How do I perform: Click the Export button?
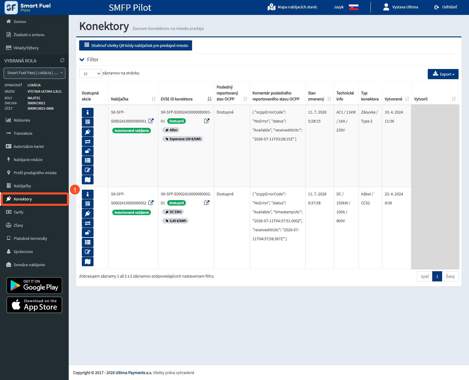[443, 74]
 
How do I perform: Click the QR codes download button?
[135, 45]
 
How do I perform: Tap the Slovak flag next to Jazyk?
[353, 7]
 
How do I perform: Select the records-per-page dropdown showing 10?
[90, 73]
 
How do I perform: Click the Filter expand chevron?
[82, 60]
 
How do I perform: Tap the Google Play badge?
[34, 285]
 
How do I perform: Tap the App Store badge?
[34, 305]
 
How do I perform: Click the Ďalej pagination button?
[450, 276]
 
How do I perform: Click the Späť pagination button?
[424, 276]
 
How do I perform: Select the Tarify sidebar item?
[19, 212]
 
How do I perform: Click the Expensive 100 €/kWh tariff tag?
[183, 139]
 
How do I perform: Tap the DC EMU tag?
[173, 212]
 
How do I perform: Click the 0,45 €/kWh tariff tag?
[175, 221]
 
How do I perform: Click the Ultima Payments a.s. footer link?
[134, 373]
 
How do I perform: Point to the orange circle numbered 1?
[75, 190]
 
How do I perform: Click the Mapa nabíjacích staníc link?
[292, 7]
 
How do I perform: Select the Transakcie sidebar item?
[23, 134]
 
